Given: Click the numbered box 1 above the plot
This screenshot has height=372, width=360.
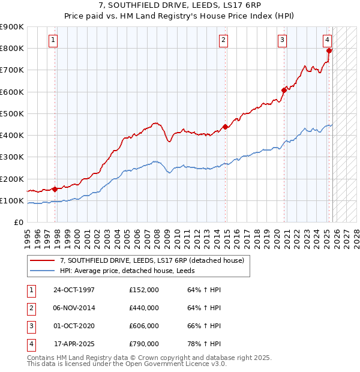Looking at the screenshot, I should pos(53,40).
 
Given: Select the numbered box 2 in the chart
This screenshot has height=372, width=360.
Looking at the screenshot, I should pos(223,40).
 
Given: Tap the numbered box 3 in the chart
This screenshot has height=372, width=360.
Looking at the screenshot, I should pos(281,40).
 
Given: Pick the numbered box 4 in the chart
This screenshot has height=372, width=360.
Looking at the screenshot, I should pos(327,40).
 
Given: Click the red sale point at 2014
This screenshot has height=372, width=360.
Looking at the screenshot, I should pos(225,127).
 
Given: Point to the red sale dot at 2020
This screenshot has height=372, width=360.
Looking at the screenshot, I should pos(283,91).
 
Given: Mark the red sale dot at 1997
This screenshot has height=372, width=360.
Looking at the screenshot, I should pos(55,189).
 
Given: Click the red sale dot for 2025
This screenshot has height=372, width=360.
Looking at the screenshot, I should pos(329,51).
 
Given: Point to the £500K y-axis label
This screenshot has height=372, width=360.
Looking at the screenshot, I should pos(11,113).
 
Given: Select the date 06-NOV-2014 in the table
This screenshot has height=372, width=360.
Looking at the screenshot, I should pos(74,308).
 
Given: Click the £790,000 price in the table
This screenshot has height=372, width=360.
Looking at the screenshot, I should pos(144,344).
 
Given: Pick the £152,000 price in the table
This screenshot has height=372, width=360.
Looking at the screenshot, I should pos(144,290).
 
